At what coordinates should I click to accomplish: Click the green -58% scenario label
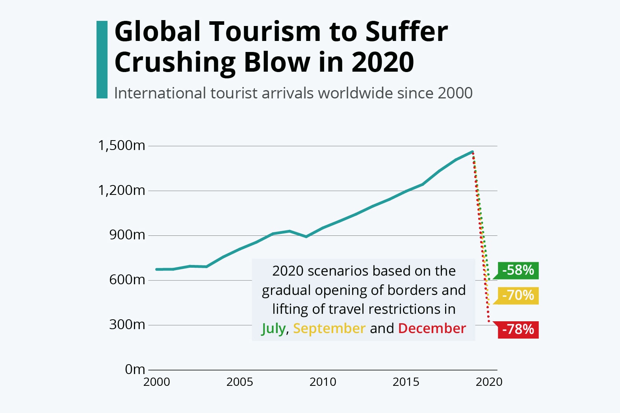518,270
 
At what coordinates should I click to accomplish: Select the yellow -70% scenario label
518,296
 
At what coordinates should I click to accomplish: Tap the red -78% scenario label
518,330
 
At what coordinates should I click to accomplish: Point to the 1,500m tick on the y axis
121,146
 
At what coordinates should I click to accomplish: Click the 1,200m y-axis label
121,191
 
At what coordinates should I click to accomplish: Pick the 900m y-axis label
127,235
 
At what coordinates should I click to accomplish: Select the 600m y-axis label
127,280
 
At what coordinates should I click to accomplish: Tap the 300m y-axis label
127,325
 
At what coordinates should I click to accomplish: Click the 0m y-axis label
135,369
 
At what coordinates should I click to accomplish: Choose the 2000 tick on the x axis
157,382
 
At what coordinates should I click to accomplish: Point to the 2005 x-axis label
239,382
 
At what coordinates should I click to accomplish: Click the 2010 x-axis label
323,382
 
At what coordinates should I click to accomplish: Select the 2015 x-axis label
406,382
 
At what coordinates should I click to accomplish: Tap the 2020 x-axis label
489,382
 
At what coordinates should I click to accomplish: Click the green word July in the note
273,329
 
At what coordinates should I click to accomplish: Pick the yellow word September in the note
329,329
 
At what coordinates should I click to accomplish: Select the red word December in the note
432,329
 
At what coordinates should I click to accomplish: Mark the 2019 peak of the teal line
472,152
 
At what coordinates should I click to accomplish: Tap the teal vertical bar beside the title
102,59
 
